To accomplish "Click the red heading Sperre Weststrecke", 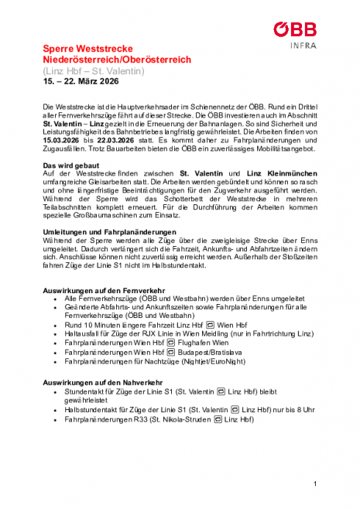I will coord(86,48).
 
